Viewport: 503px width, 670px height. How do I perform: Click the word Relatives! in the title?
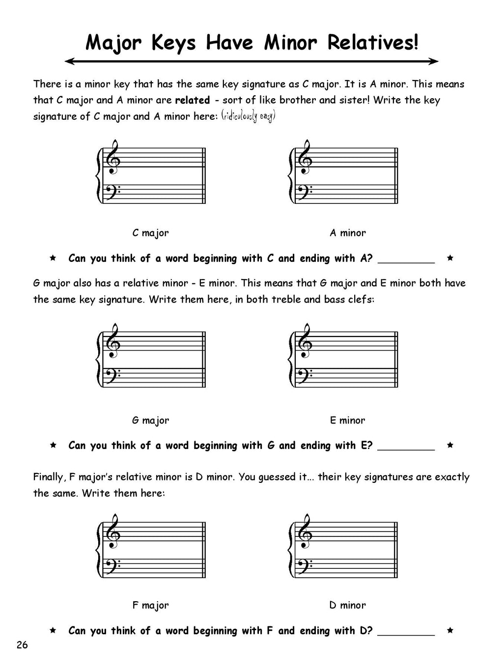[x=373, y=43]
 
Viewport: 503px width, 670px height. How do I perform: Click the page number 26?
[x=22, y=645]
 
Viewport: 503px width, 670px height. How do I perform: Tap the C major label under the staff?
[x=150, y=233]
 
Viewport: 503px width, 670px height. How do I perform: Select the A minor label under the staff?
[x=348, y=233]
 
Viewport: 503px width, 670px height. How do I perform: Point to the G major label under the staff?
[x=150, y=420]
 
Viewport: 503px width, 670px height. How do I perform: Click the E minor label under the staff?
[x=348, y=420]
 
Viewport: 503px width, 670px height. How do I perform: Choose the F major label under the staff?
[x=150, y=605]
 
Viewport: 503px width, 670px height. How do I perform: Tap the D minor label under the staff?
[x=348, y=605]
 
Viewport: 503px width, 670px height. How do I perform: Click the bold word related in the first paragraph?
[x=192, y=100]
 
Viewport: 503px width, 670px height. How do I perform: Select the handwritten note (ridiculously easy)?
[x=248, y=117]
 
